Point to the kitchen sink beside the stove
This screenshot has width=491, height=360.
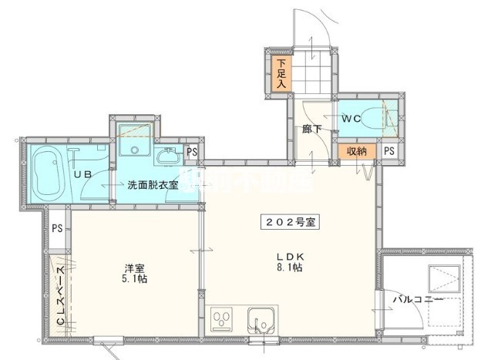(x=259, y=318)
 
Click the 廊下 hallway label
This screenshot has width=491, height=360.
(x=311, y=130)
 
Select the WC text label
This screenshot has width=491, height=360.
(x=351, y=118)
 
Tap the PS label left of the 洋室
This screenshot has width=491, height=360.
(x=56, y=228)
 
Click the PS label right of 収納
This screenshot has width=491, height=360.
(x=389, y=151)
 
